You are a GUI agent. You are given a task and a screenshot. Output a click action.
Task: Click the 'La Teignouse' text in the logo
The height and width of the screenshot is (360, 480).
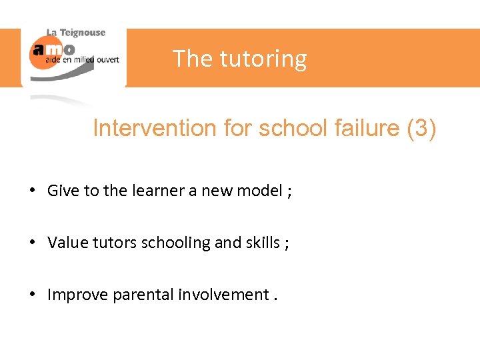pos(75,33)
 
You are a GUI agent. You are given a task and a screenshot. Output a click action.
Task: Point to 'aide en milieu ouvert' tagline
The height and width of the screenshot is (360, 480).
pos(82,60)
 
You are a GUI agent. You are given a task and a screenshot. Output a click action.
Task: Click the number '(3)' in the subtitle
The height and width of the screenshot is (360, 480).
pos(421,128)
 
